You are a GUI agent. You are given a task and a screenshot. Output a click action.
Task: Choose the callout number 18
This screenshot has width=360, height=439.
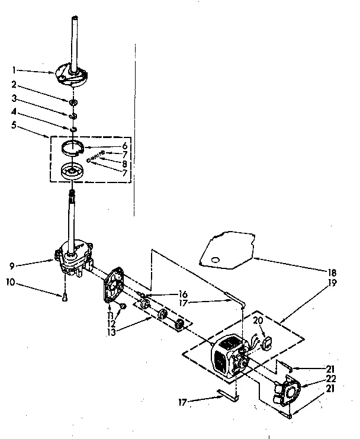pyautogui.click(x=332, y=273)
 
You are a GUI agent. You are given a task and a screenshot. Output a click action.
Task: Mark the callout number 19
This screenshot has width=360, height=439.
pyautogui.click(x=332, y=283)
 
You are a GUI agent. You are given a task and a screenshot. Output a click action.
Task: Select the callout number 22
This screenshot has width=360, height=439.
pyautogui.click(x=332, y=377)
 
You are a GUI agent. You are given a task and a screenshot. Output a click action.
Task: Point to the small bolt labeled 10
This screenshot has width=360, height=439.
pyautogui.click(x=63, y=297)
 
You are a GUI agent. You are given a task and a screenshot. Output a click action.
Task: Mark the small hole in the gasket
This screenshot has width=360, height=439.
pyautogui.click(x=214, y=259)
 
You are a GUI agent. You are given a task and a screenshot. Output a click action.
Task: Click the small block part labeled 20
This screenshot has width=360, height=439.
pyautogui.click(x=265, y=342)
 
